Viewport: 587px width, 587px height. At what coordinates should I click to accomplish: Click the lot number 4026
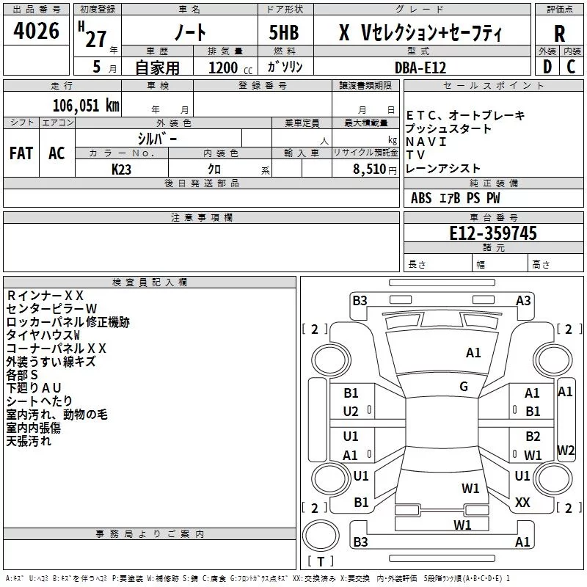[x=36, y=31]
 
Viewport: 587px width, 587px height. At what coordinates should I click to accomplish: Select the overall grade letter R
[x=559, y=34]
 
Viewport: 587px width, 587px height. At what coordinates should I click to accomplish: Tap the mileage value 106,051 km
[x=86, y=106]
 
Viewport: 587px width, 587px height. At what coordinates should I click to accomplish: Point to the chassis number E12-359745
[x=493, y=233]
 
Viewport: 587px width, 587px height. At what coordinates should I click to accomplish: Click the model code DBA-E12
[x=420, y=68]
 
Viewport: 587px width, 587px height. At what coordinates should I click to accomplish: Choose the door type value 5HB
[x=284, y=32]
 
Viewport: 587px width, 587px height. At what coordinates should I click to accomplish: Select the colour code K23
[x=121, y=169]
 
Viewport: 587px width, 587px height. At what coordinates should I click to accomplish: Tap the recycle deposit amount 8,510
[x=370, y=169]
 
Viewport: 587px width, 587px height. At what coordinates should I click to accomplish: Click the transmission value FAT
[x=21, y=153]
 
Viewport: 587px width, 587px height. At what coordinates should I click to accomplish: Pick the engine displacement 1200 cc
[x=230, y=68]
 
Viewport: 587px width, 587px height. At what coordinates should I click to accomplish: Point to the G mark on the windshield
[x=464, y=387]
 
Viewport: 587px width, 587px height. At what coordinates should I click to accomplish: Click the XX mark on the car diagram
[x=522, y=503]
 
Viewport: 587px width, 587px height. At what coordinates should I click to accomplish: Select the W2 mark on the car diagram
[x=566, y=450]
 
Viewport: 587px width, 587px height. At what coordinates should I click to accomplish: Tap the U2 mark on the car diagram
[x=351, y=412]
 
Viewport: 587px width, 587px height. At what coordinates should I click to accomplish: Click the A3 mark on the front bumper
[x=523, y=301]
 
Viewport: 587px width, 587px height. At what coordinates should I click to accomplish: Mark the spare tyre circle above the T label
[x=321, y=535]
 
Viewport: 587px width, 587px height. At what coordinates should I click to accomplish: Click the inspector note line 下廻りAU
[x=34, y=388]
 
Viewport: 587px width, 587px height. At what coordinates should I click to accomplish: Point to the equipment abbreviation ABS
[x=421, y=198]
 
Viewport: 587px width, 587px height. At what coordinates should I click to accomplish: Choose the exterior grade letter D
[x=547, y=67]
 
